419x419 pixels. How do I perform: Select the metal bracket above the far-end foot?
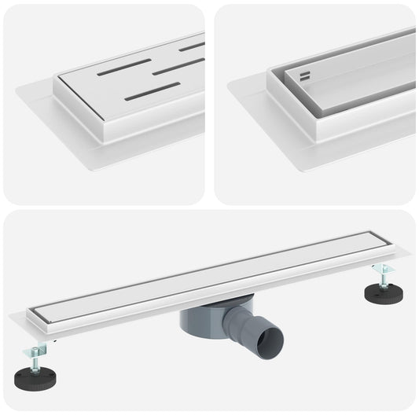(381, 270)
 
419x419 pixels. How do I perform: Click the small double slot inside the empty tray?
(304, 77)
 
